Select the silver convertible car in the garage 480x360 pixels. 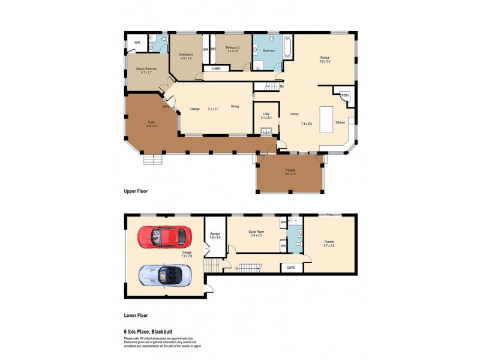pos(165,275)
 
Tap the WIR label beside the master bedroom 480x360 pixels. pos(137,43)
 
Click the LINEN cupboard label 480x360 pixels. pos(216,69)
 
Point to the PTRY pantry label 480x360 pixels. pos(345,95)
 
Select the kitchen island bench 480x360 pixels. pos(327,119)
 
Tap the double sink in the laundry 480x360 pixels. pos(267,130)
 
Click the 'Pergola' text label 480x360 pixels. pos(290,170)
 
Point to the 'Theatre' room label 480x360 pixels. pos(328,241)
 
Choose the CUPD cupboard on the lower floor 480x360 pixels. pos(291,267)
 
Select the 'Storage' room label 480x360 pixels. pos(215,233)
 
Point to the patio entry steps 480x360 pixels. pos(152,160)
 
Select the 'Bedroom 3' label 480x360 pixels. pos(232,47)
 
